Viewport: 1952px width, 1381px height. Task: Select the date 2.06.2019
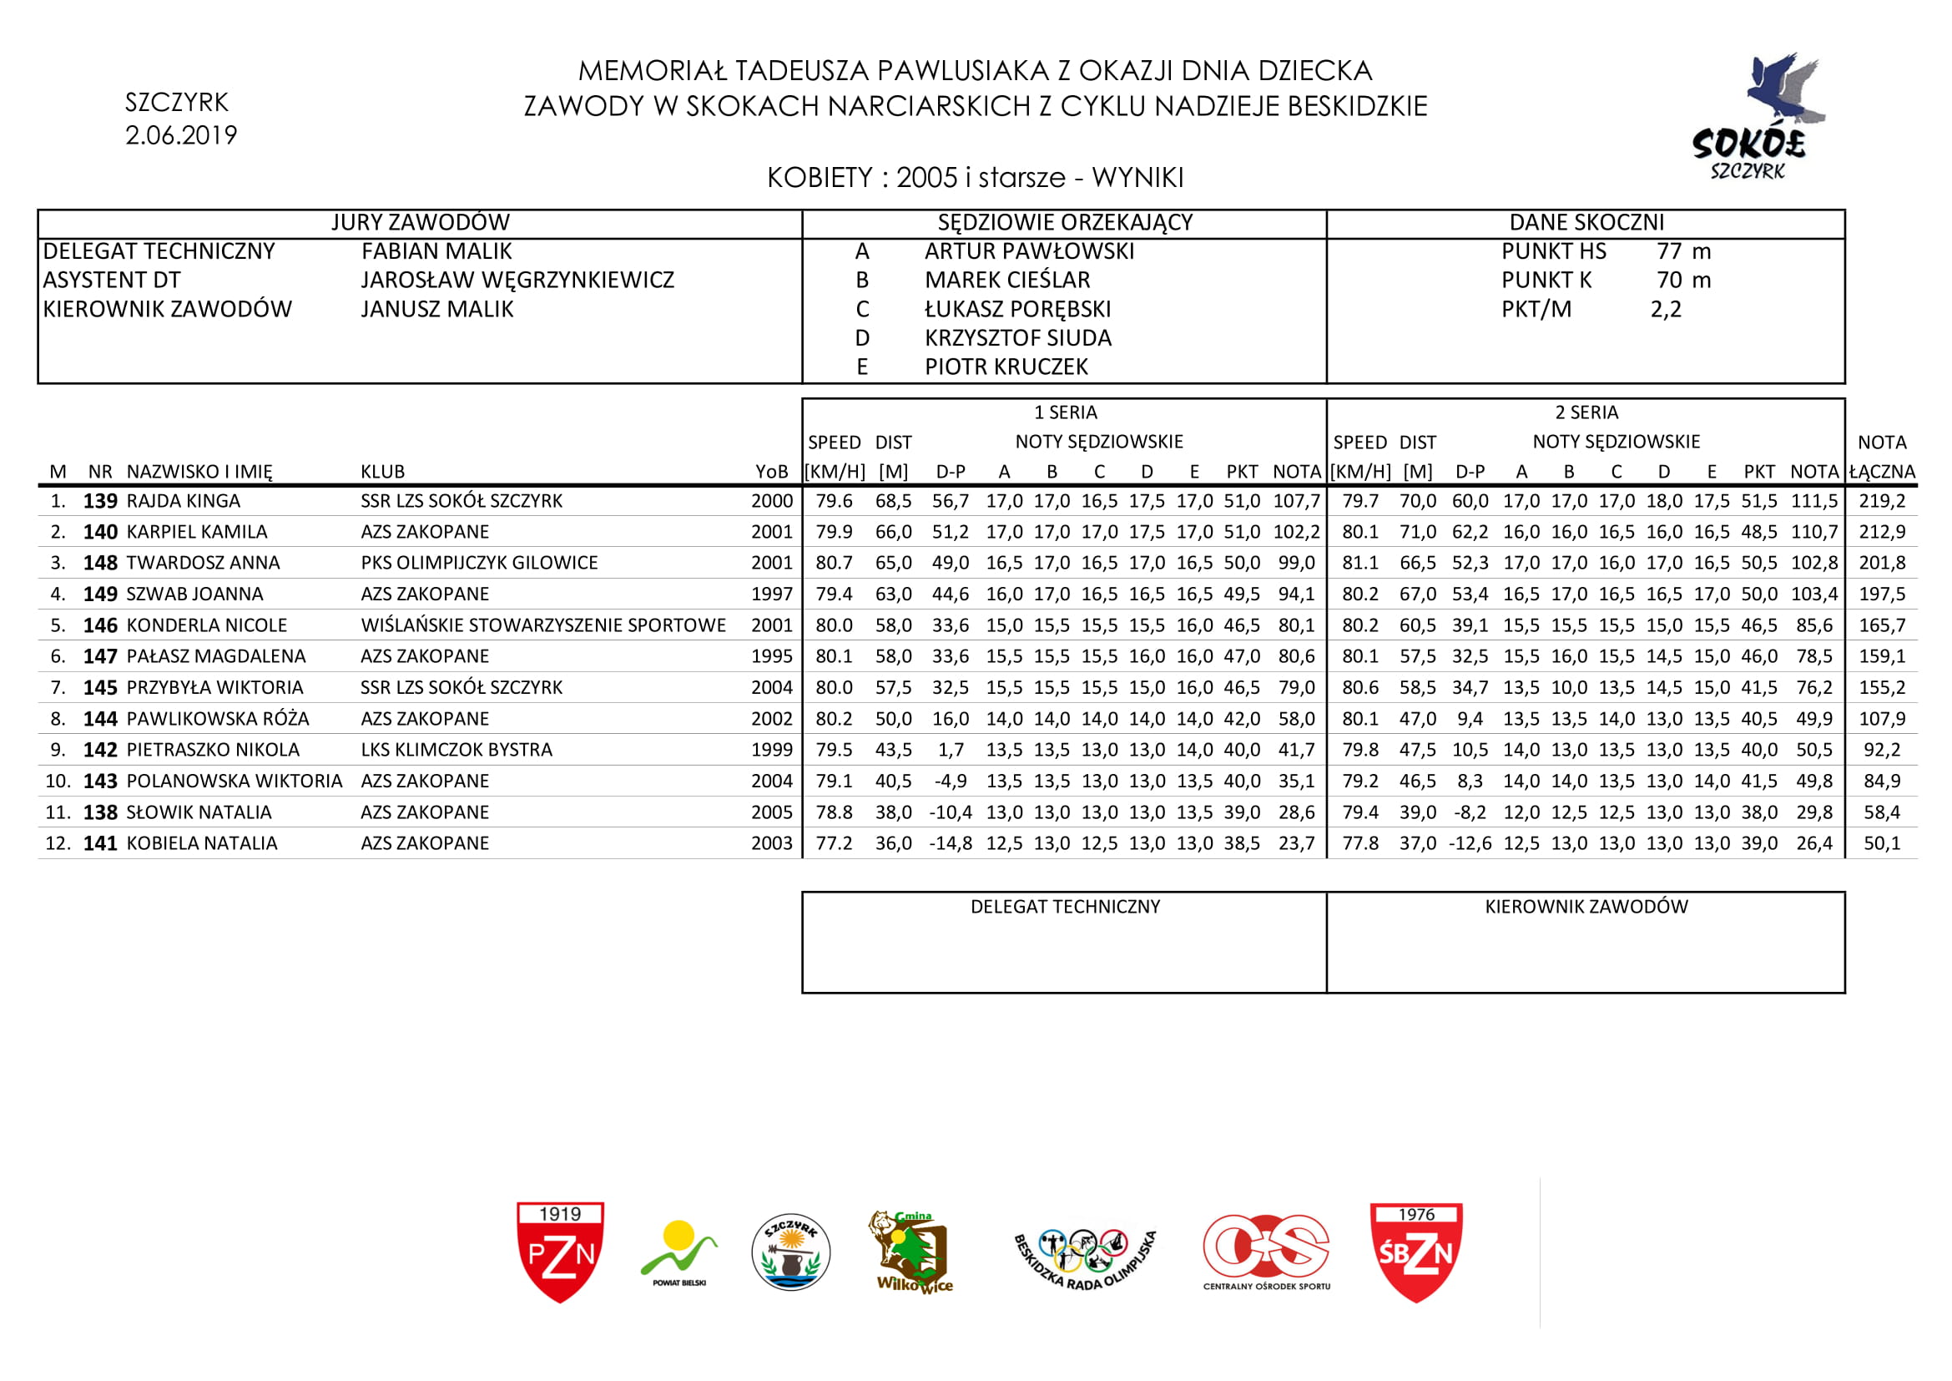pos(181,135)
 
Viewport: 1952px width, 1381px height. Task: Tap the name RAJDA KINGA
pos(184,501)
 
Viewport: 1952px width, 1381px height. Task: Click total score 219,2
pos(1881,501)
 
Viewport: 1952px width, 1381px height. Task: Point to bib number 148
pos(100,563)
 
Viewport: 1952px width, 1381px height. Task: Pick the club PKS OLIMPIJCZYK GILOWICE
pos(480,563)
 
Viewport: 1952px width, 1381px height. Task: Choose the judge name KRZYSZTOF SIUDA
pos(1017,338)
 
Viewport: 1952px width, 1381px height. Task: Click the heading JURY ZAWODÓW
pos(420,223)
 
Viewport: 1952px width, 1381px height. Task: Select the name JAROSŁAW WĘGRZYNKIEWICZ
pos(517,281)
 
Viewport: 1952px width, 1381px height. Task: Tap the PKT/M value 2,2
pos(1666,310)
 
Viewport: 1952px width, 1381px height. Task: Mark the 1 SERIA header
pos(1065,413)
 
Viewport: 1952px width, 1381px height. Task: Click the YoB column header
pos(771,472)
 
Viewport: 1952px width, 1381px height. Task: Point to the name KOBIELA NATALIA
pos(202,843)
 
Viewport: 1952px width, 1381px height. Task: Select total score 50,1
pos(1881,843)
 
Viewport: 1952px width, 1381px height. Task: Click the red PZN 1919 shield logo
pos(560,1252)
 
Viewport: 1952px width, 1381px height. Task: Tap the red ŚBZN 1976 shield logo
pos(1416,1252)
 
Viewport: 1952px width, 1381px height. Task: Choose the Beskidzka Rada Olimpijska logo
pos(1085,1256)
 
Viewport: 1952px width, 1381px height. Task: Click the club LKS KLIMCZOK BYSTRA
pos(456,750)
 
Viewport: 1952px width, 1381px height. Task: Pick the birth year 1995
pos(771,656)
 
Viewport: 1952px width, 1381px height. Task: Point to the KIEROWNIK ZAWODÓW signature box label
pos(1586,908)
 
